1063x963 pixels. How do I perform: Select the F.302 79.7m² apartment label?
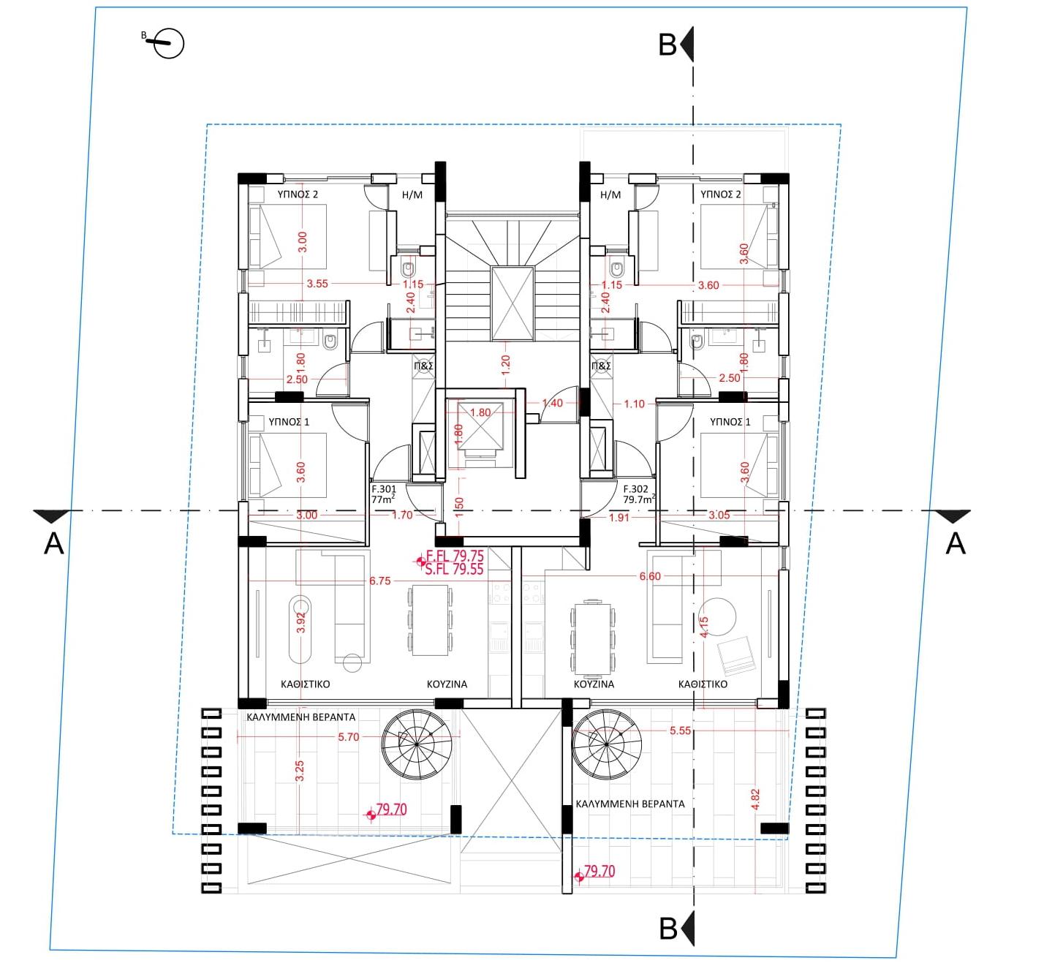tap(639, 494)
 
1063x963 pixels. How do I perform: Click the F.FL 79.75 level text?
tap(455, 556)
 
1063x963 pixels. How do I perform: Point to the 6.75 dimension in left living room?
tap(380, 581)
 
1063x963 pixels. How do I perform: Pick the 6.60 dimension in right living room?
tap(650, 576)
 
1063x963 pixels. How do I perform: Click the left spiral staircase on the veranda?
tap(417, 744)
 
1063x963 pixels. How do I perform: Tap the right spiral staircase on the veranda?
tap(607, 744)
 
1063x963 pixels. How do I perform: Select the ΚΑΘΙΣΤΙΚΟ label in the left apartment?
tap(305, 684)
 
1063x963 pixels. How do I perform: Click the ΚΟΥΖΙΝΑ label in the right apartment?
tap(594, 684)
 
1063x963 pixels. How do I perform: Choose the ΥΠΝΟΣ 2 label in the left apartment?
tap(298, 195)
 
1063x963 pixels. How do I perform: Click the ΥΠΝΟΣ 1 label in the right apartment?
tap(730, 422)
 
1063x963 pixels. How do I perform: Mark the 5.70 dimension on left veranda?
tap(348, 737)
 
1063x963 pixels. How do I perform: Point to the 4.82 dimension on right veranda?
tap(756, 799)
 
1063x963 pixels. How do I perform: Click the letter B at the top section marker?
tap(667, 45)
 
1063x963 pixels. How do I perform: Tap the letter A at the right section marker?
tap(956, 543)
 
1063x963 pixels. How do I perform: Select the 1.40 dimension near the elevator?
tap(552, 403)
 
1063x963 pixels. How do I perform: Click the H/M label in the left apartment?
tap(412, 195)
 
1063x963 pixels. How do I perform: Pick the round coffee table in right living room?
tap(719, 617)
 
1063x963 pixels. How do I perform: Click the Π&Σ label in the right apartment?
tap(602, 366)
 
